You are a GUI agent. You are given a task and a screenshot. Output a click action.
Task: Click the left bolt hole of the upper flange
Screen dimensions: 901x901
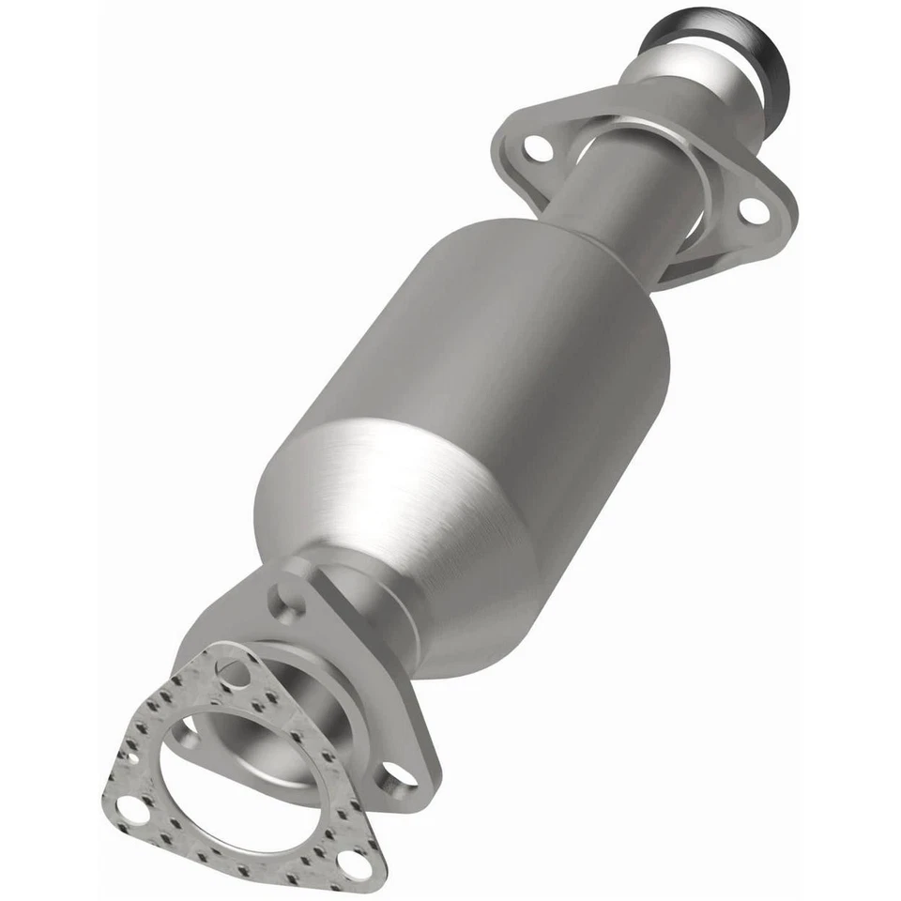[536, 147]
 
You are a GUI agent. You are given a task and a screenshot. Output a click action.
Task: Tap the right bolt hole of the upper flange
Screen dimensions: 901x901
[752, 211]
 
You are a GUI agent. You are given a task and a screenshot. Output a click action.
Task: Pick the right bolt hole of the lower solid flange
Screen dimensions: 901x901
[400, 773]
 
